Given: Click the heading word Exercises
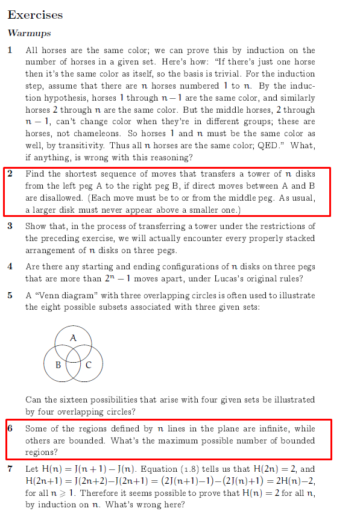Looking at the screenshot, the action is [35, 14].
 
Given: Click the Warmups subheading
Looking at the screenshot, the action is [29, 33].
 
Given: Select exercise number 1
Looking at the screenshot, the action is [10, 50].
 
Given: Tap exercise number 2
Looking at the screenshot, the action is [10, 174].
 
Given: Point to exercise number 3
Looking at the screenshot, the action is [10, 226].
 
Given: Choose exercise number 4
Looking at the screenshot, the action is [10, 266].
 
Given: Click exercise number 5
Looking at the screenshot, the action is [10, 295].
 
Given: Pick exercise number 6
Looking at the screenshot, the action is [10, 428].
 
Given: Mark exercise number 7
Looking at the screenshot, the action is [10, 469].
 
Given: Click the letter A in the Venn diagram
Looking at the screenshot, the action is [72, 338].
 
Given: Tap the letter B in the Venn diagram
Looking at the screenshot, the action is [58, 365].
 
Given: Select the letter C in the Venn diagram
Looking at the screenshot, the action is [89, 365].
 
